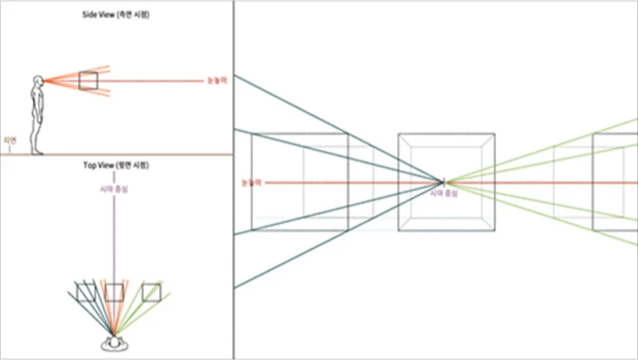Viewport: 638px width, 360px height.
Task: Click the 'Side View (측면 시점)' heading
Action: pyautogui.click(x=116, y=15)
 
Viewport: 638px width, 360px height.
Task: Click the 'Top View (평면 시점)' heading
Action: pyautogui.click(x=116, y=166)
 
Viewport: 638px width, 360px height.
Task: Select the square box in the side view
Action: pyautogui.click(x=88, y=81)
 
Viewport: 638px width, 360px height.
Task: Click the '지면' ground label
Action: pyautogui.click(x=10, y=140)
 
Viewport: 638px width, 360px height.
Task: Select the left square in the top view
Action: pyautogui.click(x=86, y=293)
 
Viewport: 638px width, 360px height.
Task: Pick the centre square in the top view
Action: pyautogui.click(x=114, y=293)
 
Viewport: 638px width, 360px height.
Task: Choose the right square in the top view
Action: pyautogui.click(x=152, y=293)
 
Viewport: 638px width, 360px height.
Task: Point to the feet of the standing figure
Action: pyautogui.click(x=38, y=152)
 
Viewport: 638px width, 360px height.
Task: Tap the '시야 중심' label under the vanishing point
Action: pyautogui.click(x=444, y=192)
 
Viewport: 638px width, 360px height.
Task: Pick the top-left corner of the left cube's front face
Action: pyautogui.click(x=253, y=135)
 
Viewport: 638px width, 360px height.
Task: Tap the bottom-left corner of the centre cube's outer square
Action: pyautogui.click(x=399, y=231)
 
